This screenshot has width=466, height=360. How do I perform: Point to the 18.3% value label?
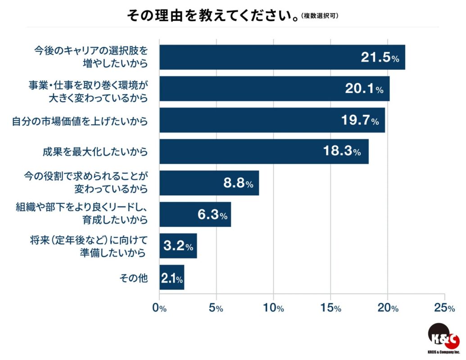click(x=342, y=152)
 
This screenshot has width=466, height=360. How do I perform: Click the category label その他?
click(x=133, y=278)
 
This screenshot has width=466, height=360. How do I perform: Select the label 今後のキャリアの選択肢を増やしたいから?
click(x=91, y=57)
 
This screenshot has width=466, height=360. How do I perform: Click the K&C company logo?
click(x=443, y=339)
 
